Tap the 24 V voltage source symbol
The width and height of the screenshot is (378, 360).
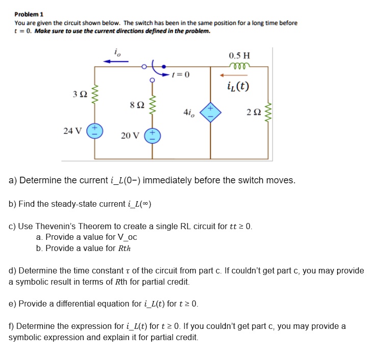point(94,130)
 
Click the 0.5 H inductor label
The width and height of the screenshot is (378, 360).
point(239,55)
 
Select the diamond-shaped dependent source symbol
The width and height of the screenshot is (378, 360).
point(209,112)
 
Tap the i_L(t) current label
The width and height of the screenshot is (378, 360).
point(238,86)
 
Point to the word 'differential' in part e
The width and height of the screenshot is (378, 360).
point(89,304)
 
